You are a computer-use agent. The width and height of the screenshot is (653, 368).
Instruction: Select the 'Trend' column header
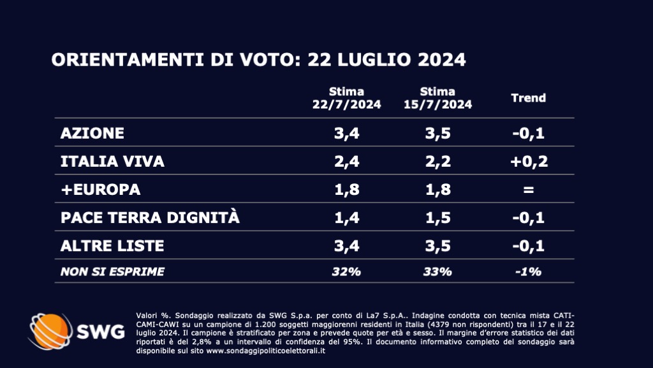[529, 98]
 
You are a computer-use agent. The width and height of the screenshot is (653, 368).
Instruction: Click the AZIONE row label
[92, 134]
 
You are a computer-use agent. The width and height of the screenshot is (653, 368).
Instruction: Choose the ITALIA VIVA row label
[112, 162]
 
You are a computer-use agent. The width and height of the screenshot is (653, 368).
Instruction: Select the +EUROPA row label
[99, 190]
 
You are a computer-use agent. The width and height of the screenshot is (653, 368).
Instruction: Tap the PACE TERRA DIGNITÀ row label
[150, 218]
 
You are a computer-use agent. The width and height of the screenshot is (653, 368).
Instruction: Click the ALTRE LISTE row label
[112, 246]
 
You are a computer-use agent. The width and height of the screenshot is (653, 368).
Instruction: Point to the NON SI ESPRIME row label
[112, 272]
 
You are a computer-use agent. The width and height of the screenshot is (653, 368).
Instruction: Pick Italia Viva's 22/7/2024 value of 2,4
[346, 162]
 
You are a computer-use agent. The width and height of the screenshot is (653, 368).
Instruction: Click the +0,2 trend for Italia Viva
[529, 162]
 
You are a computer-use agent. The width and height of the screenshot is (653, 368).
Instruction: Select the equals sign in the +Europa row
[529, 190]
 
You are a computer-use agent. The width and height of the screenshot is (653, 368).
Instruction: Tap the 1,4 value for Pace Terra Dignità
[346, 218]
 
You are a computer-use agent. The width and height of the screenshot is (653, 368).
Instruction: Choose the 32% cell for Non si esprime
[346, 272]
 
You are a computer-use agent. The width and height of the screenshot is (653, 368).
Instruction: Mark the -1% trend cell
[529, 272]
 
